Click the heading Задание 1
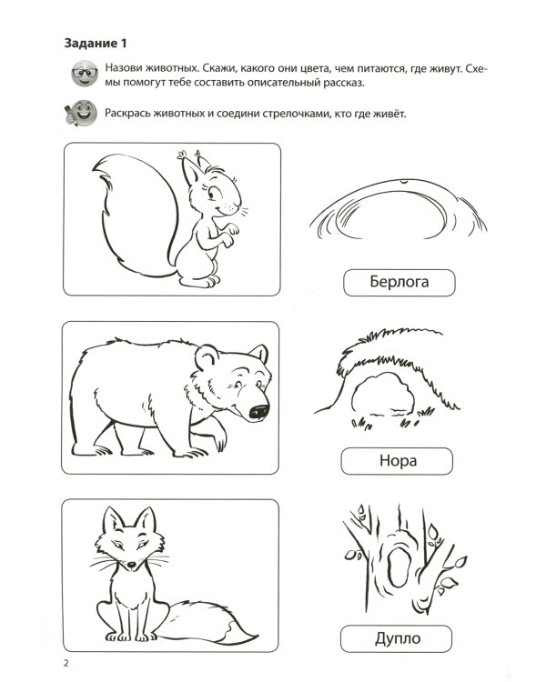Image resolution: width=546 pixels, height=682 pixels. (96, 44)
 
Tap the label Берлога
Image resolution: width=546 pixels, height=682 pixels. (399, 283)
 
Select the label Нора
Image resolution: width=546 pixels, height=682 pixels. (397, 461)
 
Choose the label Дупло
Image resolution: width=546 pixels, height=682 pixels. (397, 638)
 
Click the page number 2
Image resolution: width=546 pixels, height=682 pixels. (66, 663)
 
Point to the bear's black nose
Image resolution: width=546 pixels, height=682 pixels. (258, 411)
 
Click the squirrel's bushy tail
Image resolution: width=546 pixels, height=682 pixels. (133, 216)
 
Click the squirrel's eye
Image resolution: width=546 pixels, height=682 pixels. (212, 193)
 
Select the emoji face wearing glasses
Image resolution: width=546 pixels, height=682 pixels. (85, 73)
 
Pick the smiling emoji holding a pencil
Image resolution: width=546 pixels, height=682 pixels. (81, 113)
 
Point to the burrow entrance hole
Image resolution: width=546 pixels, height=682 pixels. (383, 394)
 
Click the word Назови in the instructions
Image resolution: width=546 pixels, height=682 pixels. (124, 69)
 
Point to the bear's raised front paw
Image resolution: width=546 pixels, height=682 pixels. (217, 437)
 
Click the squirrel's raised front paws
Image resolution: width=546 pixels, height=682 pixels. (227, 234)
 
